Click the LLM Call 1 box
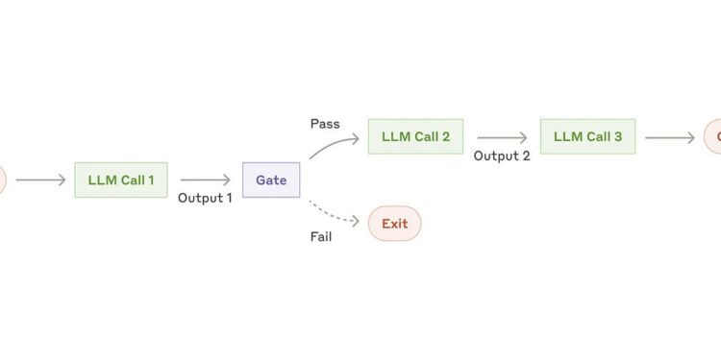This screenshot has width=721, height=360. point(120,180)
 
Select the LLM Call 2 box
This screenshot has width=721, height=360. point(415,136)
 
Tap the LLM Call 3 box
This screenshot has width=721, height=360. point(587,136)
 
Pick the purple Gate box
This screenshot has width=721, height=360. point(271,180)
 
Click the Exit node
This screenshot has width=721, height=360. point(394,224)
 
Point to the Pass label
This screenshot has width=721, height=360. point(325,124)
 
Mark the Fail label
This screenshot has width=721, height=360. point(321,236)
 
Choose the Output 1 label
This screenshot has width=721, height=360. point(205,198)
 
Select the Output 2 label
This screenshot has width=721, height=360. point(502,156)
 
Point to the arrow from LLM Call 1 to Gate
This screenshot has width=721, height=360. point(205,180)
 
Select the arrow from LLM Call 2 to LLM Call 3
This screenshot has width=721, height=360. point(501,137)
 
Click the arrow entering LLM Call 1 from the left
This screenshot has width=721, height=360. point(40,180)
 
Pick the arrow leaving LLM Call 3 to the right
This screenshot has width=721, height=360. point(669,137)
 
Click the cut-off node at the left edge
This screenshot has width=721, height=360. point(2,180)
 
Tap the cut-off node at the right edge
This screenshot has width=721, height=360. point(714,137)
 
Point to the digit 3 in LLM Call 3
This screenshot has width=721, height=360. point(618,136)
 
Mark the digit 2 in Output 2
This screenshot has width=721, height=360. point(525,156)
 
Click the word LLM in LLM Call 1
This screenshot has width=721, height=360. point(100,180)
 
